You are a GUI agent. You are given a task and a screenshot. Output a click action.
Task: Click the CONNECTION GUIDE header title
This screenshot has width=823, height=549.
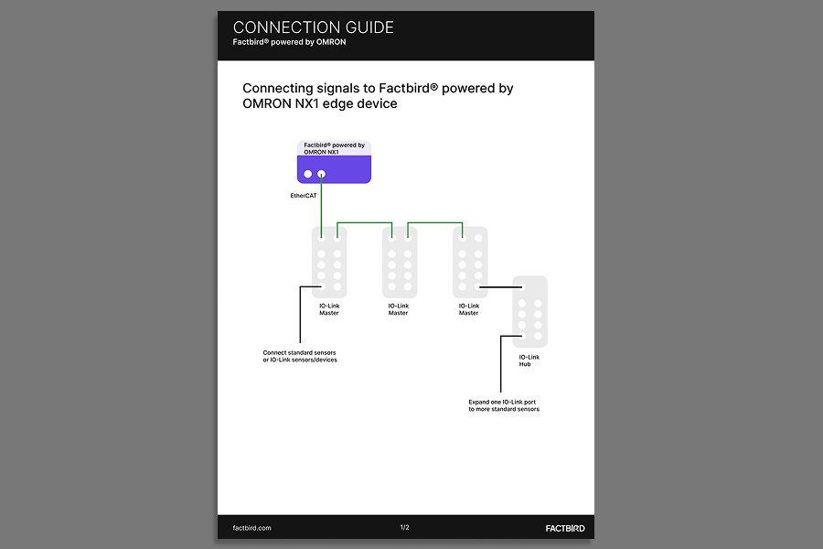coord(313,27)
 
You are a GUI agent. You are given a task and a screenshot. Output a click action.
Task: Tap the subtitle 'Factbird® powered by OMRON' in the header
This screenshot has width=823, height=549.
coord(289,42)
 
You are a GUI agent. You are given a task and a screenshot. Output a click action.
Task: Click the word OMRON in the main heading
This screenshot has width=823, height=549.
coord(265,104)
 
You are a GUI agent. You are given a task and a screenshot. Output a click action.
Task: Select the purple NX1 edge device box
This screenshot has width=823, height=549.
coord(335,168)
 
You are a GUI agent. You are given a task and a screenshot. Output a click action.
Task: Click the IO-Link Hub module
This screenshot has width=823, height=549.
coord(529,311)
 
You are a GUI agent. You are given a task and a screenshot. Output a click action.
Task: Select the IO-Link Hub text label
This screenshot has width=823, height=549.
coord(529,361)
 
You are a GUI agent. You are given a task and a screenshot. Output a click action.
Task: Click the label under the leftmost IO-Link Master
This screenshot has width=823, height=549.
coord(329,309)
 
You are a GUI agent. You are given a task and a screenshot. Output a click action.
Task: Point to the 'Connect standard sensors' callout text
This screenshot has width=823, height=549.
coord(300,356)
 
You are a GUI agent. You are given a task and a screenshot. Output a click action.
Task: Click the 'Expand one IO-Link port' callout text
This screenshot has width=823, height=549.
coord(504,405)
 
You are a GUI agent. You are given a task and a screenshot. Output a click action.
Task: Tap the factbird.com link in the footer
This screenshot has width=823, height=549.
coord(252,528)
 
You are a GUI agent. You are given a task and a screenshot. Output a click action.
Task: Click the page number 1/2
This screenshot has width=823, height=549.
coord(405,528)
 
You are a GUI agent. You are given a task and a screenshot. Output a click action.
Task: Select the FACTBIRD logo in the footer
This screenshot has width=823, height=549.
coord(559,528)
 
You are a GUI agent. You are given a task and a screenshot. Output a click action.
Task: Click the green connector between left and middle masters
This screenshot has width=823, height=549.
coord(365,221)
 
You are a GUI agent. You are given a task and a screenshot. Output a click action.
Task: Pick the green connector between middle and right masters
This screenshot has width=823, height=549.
coord(435,221)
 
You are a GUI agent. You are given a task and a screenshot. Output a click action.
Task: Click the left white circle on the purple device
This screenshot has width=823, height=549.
coord(308,174)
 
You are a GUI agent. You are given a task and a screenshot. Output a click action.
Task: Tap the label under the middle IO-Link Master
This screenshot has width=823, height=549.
coord(399,309)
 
